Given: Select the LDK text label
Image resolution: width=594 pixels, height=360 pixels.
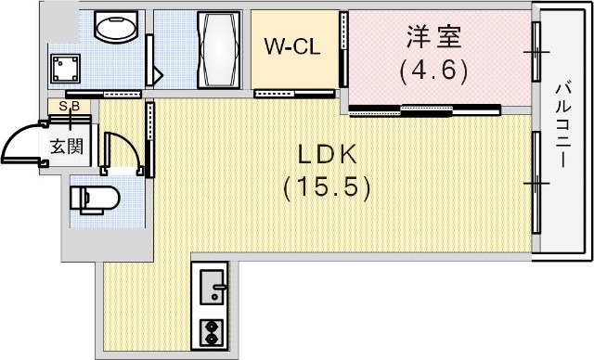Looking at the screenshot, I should coord(328,155).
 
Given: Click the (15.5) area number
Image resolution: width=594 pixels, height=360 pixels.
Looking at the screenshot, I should coord(328,188).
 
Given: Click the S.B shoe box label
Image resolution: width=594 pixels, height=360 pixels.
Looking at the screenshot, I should coord(69,106).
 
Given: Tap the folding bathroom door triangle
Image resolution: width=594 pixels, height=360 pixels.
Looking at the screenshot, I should coord(157,72).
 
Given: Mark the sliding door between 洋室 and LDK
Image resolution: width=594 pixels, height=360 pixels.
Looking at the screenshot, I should coord(422,109).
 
